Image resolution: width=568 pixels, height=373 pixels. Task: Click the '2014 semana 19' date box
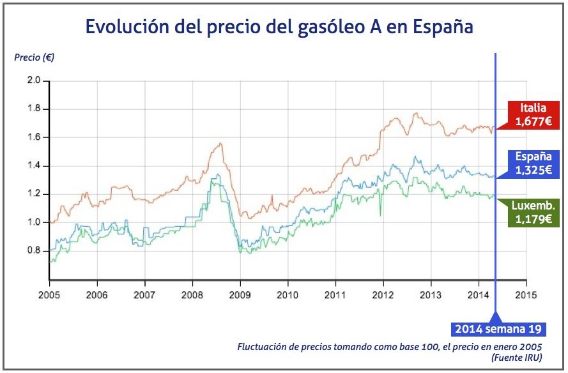(499, 330)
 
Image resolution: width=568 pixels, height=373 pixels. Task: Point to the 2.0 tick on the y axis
(33, 81)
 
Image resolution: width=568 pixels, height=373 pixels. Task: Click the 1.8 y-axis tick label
(33, 109)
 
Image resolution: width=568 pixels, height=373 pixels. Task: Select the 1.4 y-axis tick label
(33, 166)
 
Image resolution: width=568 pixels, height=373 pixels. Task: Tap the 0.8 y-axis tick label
(33, 250)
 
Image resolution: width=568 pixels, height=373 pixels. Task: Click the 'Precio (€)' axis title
(34, 57)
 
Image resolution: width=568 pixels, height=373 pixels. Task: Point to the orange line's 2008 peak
(220, 143)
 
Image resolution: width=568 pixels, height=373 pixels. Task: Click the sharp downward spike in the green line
(380, 215)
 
